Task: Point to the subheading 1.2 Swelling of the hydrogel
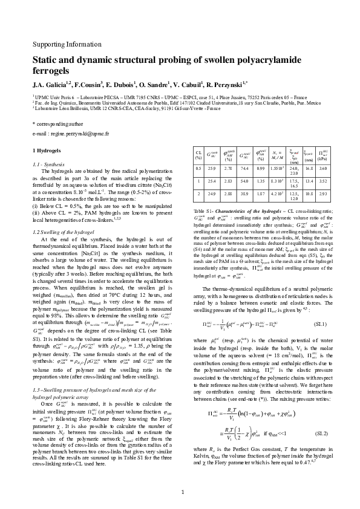click(61, 232)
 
